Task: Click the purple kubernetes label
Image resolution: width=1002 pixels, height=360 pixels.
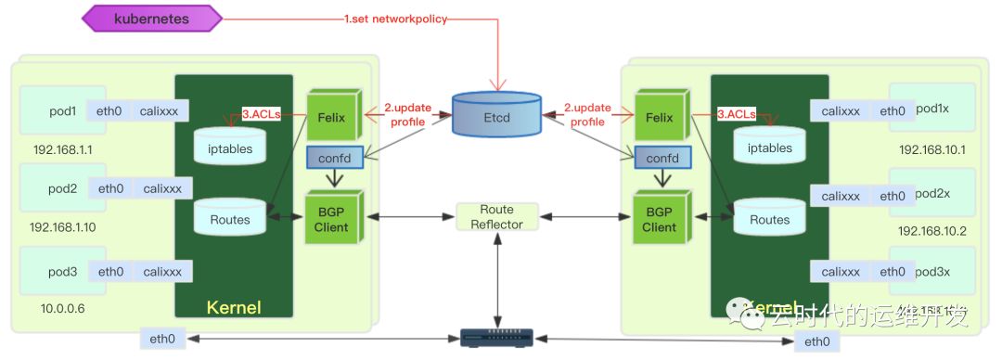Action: click(x=152, y=18)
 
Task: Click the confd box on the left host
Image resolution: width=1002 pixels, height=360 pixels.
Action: click(x=333, y=159)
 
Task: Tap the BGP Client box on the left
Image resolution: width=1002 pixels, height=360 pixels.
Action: click(x=331, y=218)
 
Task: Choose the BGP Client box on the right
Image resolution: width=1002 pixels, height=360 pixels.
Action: click(x=659, y=218)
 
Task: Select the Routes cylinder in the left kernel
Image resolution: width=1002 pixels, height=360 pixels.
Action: click(x=229, y=218)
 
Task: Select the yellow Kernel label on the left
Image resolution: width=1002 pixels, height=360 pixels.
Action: click(x=234, y=307)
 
